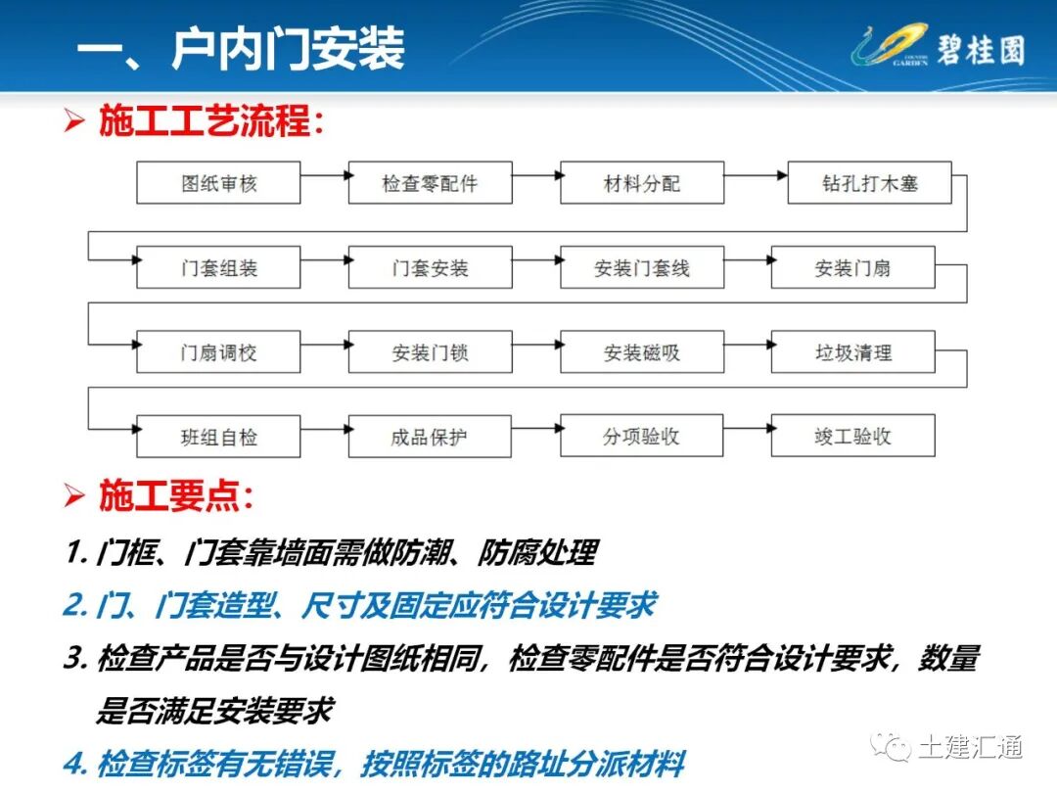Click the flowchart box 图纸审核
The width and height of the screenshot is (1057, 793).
(x=218, y=183)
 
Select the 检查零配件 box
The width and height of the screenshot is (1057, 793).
(x=430, y=183)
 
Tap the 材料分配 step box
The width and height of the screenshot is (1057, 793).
(x=642, y=183)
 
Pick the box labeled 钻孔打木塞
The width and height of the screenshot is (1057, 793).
(x=869, y=183)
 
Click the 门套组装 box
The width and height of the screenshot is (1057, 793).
(x=218, y=267)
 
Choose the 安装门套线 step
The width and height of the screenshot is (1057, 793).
(x=642, y=267)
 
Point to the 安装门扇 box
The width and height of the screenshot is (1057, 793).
(x=852, y=267)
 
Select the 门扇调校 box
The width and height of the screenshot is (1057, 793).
(x=218, y=351)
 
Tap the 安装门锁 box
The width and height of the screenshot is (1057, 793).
(x=430, y=351)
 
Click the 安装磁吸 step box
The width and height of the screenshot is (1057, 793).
(x=642, y=351)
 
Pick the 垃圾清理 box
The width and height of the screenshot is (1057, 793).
(x=852, y=351)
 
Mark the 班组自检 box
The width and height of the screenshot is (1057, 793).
(x=218, y=436)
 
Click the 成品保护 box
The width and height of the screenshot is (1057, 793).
(x=430, y=436)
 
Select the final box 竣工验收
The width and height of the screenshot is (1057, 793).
(x=852, y=436)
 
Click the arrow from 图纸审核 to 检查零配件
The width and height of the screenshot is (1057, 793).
(x=324, y=175)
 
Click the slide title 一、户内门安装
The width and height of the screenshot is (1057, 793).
(x=241, y=49)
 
